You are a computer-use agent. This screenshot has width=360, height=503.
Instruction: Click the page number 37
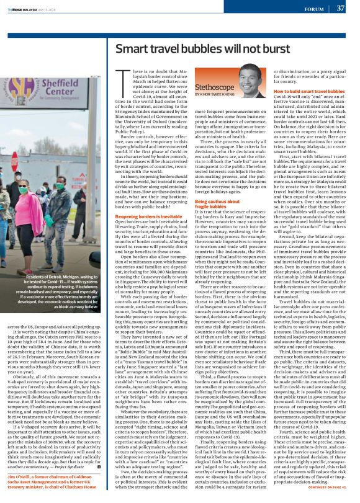pyautogui.click(x=341, y=9)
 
